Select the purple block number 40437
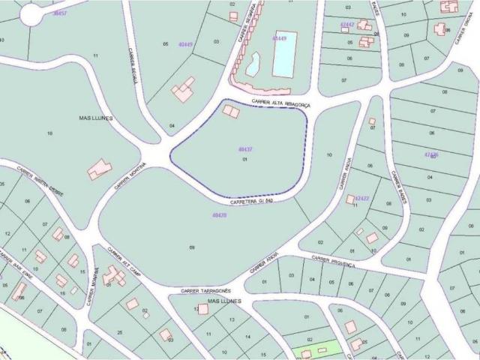tap(244, 149)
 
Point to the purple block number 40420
tap(220, 216)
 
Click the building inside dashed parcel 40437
tap(232, 112)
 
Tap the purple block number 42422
tap(361, 199)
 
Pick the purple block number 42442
tap(346, 25)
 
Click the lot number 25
tap(120, 331)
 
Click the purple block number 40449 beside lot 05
tap(184, 44)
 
